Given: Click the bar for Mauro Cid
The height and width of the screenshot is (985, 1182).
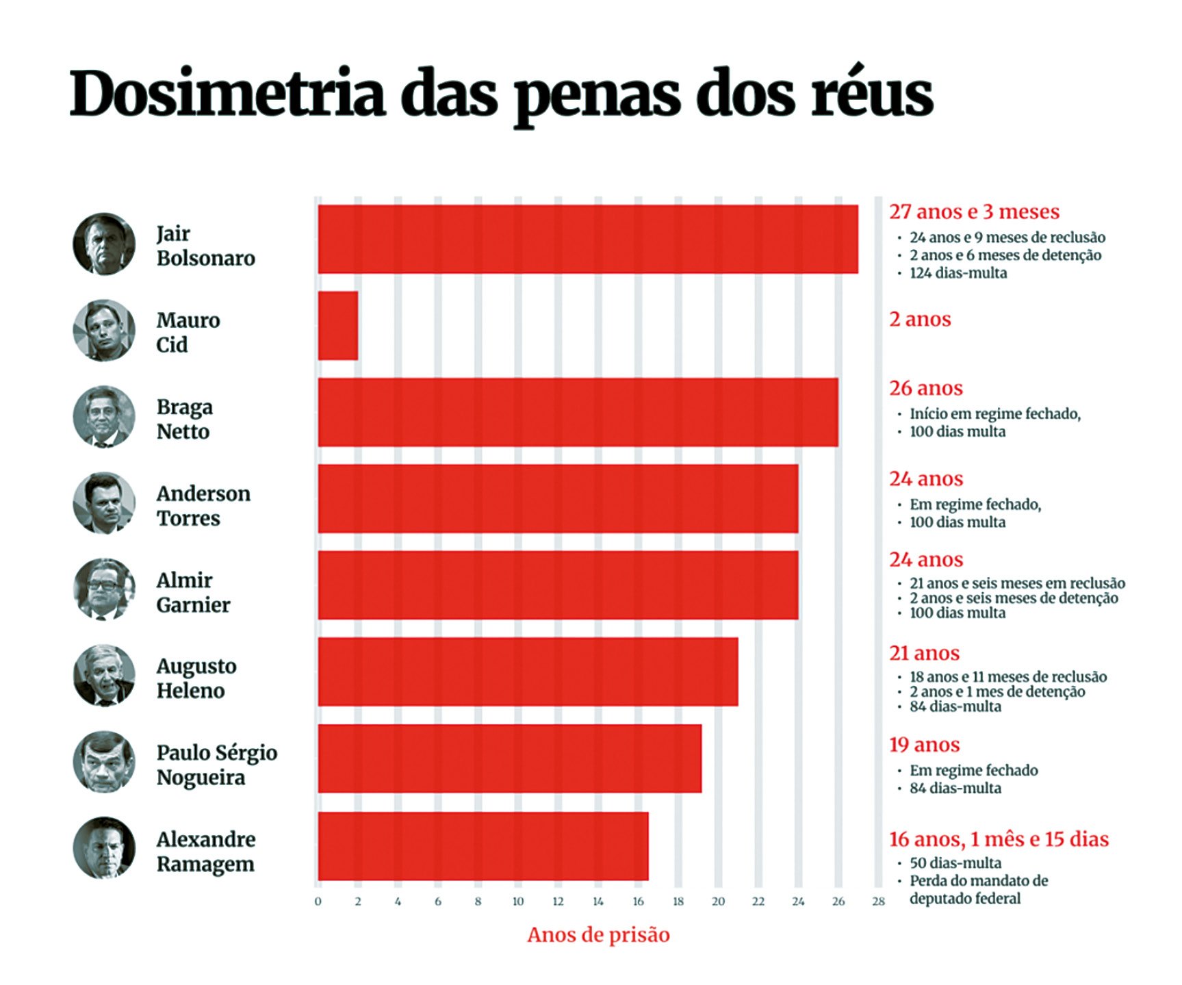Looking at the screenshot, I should coord(338,326).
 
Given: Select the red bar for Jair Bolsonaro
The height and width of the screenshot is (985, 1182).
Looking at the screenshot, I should coord(587,239).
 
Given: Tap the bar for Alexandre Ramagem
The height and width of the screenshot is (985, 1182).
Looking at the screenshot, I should coord(483,846).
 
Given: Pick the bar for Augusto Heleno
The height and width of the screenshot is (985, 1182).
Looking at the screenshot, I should coord(528,672).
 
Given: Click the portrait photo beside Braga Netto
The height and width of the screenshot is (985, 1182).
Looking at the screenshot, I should coord(104,417).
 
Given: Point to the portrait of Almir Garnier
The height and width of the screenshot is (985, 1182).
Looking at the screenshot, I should coord(104,589).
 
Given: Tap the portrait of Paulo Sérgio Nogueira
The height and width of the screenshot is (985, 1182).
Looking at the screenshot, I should coord(104,763).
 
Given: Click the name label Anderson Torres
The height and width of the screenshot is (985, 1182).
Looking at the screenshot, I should coord(203,506).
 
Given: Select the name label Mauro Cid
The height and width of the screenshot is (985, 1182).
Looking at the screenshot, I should coord(188,332).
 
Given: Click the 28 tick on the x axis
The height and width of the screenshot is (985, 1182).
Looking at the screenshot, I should coord(878,901).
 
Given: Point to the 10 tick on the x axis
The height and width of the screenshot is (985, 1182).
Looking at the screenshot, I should coord(518,901).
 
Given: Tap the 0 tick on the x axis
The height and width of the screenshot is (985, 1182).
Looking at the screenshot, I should coord(318,901).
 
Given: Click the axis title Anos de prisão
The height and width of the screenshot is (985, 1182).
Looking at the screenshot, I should coord(598,935).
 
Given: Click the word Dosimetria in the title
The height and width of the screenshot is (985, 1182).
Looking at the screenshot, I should coord(228,94).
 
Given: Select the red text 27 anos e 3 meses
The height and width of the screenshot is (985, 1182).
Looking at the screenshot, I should coord(974,212).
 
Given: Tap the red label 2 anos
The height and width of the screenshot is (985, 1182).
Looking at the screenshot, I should coord(920,320).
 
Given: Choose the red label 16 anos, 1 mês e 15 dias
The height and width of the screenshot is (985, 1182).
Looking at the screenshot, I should coord(999,839).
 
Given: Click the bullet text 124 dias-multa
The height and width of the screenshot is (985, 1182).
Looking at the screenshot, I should coord(958,273).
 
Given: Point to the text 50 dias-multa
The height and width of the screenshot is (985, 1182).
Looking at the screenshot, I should coord(955,863).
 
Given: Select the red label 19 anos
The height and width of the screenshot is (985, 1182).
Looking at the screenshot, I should coord(924,745).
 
